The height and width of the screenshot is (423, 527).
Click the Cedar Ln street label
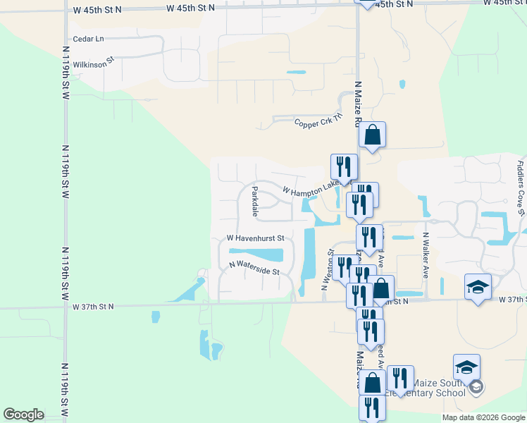88,39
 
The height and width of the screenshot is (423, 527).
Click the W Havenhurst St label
255,238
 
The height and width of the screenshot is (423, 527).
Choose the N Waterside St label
254,268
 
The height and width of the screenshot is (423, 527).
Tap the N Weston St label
326,269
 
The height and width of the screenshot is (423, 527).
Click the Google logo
23,415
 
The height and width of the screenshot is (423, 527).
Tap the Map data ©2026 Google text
484,417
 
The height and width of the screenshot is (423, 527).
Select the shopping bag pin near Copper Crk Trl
372,134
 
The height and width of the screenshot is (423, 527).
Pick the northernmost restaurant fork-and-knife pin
344,166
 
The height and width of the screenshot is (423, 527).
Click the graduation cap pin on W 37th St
478,287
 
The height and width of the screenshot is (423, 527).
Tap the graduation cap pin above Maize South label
466,367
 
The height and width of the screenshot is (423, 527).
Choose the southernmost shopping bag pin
373,383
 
